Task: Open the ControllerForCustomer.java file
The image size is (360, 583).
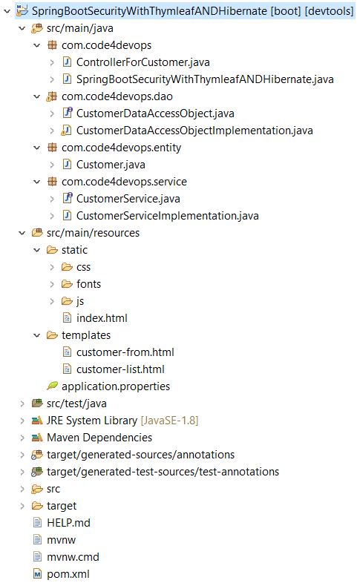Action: (143, 62)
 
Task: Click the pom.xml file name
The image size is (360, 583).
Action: (68, 573)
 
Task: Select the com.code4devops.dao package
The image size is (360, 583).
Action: (117, 96)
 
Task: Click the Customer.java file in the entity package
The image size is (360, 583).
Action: (111, 165)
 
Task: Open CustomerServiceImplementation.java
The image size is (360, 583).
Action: (167, 216)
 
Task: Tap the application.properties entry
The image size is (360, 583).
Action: (116, 386)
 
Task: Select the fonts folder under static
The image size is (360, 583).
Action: (88, 284)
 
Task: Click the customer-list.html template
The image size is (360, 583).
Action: (120, 369)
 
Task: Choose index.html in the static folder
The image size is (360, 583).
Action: (102, 318)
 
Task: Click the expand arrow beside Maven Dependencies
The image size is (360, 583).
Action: (22, 438)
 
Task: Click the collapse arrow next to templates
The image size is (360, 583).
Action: (37, 335)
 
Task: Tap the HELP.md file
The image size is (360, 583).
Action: (68, 523)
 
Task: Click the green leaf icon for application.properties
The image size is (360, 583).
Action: (52, 386)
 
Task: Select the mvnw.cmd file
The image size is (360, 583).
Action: (73, 557)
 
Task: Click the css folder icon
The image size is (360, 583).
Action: (67, 267)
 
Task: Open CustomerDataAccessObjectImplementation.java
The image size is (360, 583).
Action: (194, 131)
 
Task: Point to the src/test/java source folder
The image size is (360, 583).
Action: (76, 404)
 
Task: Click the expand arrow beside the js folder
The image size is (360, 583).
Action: (52, 301)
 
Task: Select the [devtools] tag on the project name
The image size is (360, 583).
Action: (329, 11)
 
